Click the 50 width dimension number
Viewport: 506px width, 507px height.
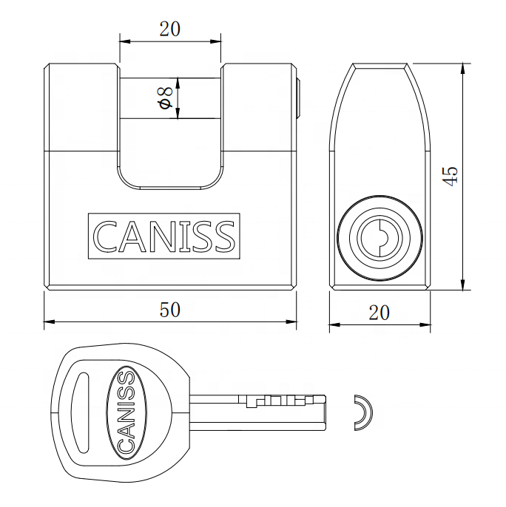click(170, 310)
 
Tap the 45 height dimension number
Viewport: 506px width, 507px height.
click(450, 174)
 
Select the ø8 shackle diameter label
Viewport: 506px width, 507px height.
click(166, 100)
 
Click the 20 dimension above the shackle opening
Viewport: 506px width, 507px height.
click(170, 30)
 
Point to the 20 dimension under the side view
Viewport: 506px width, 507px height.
click(379, 313)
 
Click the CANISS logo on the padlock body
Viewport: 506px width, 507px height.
click(163, 236)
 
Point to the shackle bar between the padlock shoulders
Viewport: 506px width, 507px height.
click(170, 98)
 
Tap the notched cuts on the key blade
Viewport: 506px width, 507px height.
click(274, 401)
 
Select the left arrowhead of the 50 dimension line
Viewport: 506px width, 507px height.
click(47, 321)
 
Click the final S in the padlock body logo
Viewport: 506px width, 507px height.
click(224, 236)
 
